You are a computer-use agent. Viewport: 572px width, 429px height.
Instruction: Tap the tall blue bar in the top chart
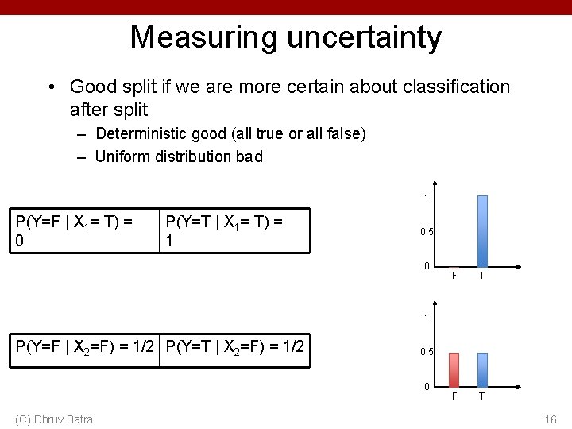click(x=482, y=230)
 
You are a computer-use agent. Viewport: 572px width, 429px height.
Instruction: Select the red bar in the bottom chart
click(x=454, y=369)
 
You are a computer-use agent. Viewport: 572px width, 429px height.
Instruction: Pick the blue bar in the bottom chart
click(x=482, y=369)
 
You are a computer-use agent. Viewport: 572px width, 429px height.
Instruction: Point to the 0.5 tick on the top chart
click(x=427, y=232)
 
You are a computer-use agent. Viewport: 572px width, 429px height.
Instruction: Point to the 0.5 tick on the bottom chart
click(x=427, y=351)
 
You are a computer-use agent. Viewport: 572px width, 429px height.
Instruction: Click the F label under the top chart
click(x=454, y=276)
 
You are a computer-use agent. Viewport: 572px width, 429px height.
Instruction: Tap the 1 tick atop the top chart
click(x=427, y=197)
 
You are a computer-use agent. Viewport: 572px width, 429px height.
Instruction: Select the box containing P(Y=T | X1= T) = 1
click(x=234, y=231)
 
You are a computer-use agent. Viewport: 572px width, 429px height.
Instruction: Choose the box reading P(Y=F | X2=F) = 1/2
click(x=85, y=350)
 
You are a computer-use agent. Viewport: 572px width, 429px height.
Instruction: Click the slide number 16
click(x=551, y=419)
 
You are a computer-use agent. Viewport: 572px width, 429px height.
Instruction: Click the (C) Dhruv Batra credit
click(x=53, y=419)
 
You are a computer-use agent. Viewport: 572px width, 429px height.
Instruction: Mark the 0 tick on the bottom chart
click(x=427, y=387)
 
